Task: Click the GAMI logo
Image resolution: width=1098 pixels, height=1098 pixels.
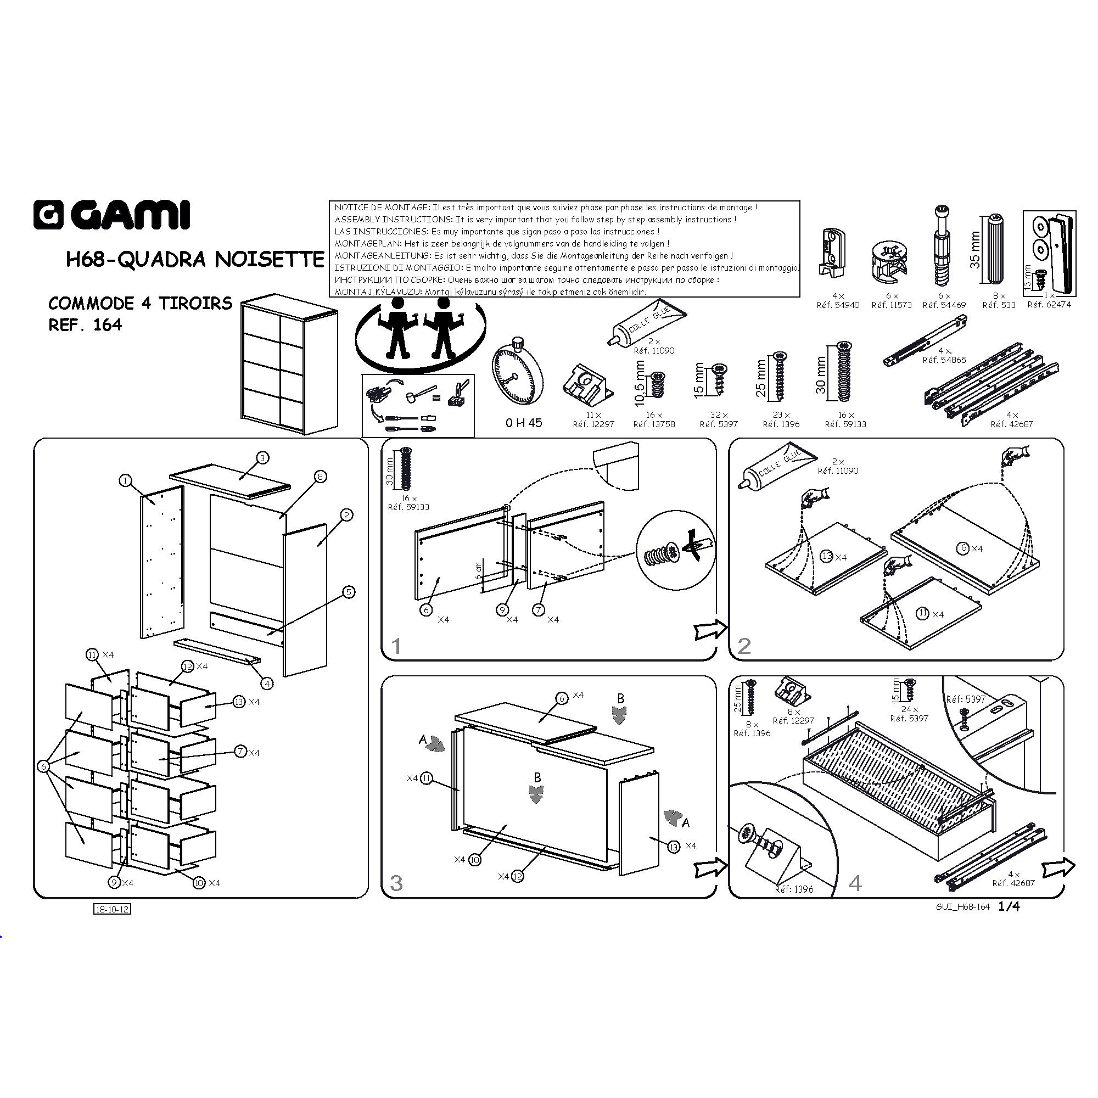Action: [111, 215]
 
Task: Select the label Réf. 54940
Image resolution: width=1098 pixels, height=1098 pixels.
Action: [838, 305]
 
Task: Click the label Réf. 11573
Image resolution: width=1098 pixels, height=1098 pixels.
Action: [891, 305]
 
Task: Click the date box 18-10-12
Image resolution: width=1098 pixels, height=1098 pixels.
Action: [112, 909]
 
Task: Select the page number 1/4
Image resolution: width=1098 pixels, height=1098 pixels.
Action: [1009, 906]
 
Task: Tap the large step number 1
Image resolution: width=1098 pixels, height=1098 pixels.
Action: [396, 646]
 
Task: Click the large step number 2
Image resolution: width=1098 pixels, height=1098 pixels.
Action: [744, 646]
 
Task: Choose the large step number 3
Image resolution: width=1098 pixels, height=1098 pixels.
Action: [396, 883]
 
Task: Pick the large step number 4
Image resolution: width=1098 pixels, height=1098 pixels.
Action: [855, 883]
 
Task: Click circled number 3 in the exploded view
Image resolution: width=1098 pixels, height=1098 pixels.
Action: [262, 457]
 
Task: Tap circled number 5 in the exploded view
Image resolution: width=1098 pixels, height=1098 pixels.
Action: [349, 592]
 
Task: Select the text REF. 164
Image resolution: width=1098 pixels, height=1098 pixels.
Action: [85, 325]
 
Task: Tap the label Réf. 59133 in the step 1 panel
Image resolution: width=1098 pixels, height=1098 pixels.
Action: [408, 507]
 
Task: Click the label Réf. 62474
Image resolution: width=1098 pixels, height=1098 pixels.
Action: [1049, 305]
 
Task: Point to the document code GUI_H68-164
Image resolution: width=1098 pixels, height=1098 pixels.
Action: [963, 907]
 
